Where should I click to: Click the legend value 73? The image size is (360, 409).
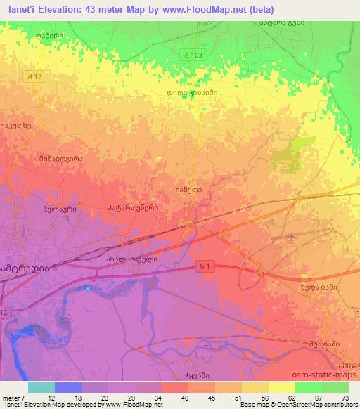point(344,396)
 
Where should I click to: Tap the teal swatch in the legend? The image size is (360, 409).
point(41,387)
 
